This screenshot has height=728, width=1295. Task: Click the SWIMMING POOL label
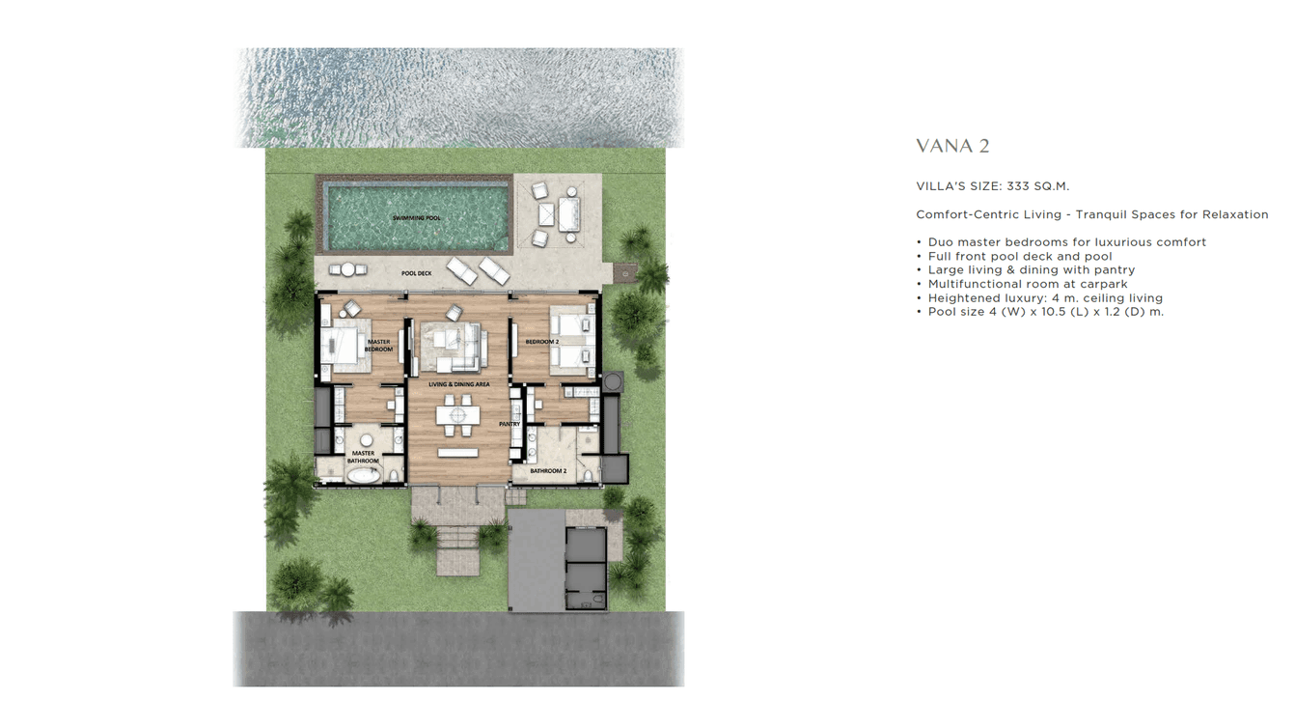point(417,218)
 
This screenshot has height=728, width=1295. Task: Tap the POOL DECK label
point(417,273)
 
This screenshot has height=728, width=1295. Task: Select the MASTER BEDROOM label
point(378,345)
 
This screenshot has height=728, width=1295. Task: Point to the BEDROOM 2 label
point(542,342)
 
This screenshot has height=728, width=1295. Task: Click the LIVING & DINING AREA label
point(459,384)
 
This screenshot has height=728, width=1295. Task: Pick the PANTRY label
point(510,424)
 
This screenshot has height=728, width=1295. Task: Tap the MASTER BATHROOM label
point(363,457)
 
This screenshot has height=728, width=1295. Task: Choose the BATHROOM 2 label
point(548,471)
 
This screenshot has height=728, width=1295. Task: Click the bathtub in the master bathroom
point(364,475)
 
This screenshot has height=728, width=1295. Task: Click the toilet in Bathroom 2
point(589,475)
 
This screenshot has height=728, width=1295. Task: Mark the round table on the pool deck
point(347,270)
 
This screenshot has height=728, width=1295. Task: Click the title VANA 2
point(952,147)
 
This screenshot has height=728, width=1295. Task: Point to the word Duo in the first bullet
point(942,242)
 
